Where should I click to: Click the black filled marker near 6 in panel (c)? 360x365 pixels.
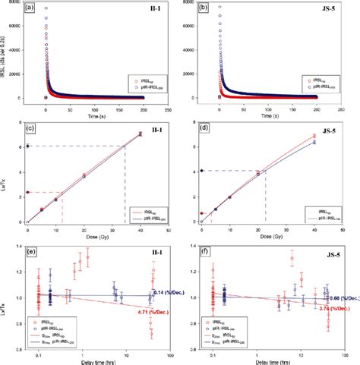pos(28,146)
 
